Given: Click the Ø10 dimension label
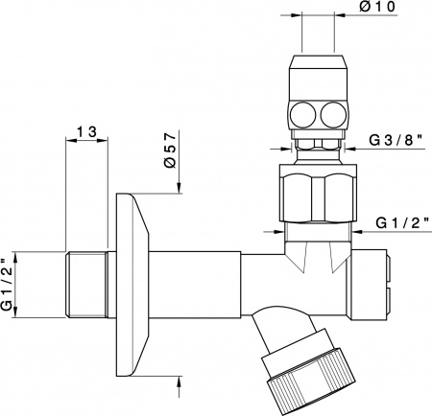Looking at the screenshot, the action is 377,7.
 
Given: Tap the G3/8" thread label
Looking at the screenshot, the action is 396,140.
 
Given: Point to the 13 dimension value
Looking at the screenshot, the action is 86,131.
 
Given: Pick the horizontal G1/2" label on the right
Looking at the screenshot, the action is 402,223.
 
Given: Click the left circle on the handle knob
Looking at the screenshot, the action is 302,114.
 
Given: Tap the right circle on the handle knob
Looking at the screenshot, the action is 332,114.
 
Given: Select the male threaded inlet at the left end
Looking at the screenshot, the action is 85,285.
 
